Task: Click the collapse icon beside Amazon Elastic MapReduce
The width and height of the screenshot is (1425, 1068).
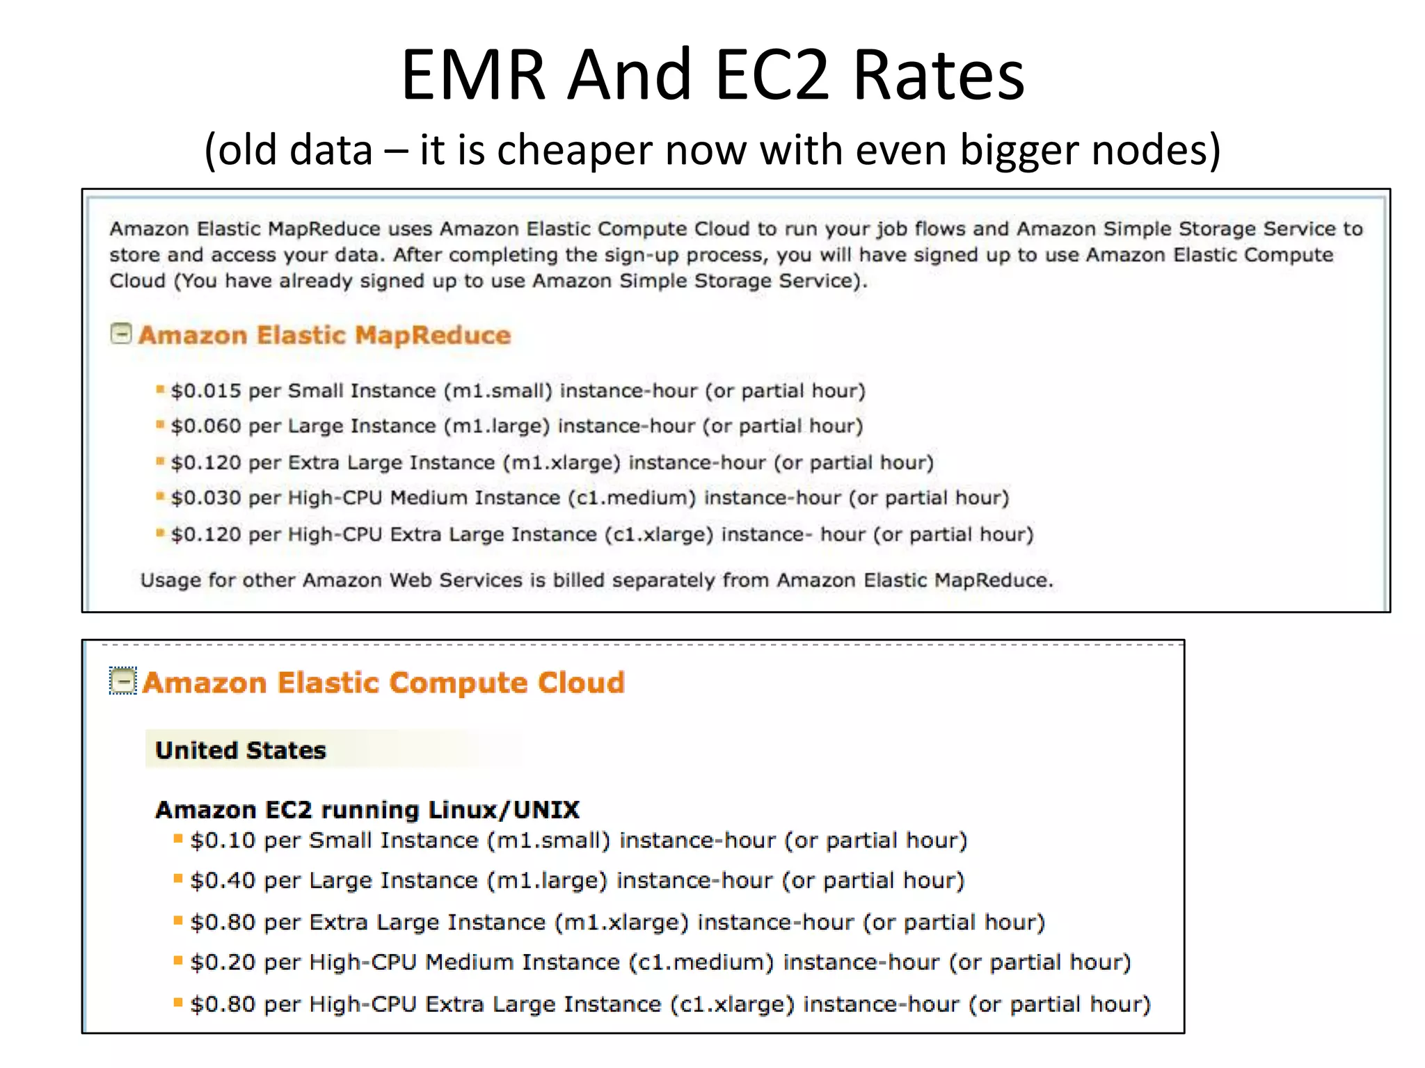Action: pyautogui.click(x=121, y=334)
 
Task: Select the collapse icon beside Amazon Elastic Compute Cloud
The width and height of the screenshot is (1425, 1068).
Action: pyautogui.click(x=123, y=681)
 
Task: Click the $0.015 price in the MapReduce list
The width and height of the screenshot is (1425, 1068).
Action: pyautogui.click(x=206, y=391)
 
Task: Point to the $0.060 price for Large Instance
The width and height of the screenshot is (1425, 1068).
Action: pyautogui.click(x=206, y=426)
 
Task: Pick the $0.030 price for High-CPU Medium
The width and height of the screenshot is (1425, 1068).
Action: pyautogui.click(x=206, y=498)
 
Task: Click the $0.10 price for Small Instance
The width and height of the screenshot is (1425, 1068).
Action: pyautogui.click(x=223, y=841)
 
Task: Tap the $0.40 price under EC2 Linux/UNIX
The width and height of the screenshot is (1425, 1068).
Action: pyautogui.click(x=223, y=881)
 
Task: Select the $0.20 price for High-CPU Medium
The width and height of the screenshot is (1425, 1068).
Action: pyautogui.click(x=223, y=962)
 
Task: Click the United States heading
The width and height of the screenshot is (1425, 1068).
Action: pyautogui.click(x=241, y=750)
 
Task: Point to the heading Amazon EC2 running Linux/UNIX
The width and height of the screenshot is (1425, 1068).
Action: pyautogui.click(x=367, y=810)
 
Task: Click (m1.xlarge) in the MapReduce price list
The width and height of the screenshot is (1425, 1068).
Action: pyautogui.click(x=562, y=463)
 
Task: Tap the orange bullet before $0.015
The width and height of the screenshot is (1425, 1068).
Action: pyautogui.click(x=160, y=389)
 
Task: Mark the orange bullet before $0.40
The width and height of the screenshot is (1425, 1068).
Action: pyautogui.click(x=178, y=879)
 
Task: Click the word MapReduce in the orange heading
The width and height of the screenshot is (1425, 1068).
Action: pyautogui.click(x=433, y=335)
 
